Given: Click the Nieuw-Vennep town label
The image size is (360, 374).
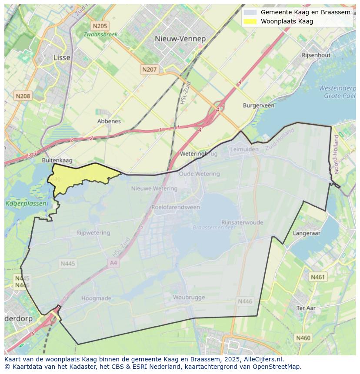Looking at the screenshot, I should (x=180, y=39).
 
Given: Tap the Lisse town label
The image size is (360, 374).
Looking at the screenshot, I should (x=61, y=57).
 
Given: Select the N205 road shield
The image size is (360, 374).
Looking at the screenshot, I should (x=100, y=26).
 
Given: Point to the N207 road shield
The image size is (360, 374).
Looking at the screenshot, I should (x=149, y=69).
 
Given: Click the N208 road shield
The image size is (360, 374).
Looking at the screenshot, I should (x=23, y=96).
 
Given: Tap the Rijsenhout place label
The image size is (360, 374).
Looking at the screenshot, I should (x=316, y=55).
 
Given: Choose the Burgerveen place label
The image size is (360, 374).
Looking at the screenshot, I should (x=259, y=106).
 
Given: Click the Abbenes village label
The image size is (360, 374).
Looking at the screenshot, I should (x=109, y=121).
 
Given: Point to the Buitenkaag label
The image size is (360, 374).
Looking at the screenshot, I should (x=57, y=160).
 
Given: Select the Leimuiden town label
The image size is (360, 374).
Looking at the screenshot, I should (x=244, y=149).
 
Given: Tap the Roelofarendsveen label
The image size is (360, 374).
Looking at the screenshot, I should (x=176, y=207).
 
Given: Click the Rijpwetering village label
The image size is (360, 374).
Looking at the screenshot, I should (x=93, y=233).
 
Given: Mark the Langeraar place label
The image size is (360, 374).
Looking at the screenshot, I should (x=307, y=233).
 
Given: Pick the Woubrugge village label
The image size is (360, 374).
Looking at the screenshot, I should (x=189, y=297).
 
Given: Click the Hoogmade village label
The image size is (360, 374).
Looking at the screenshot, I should (x=96, y=298).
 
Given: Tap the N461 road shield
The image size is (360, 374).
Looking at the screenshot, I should (x=317, y=277).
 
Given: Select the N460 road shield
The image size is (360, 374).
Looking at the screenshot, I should (x=303, y=338).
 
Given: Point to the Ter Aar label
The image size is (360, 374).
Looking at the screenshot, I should (x=306, y=308).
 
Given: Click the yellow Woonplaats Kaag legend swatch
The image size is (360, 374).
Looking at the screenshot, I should (x=250, y=21).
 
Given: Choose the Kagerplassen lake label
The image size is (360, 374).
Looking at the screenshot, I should (x=20, y=203).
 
